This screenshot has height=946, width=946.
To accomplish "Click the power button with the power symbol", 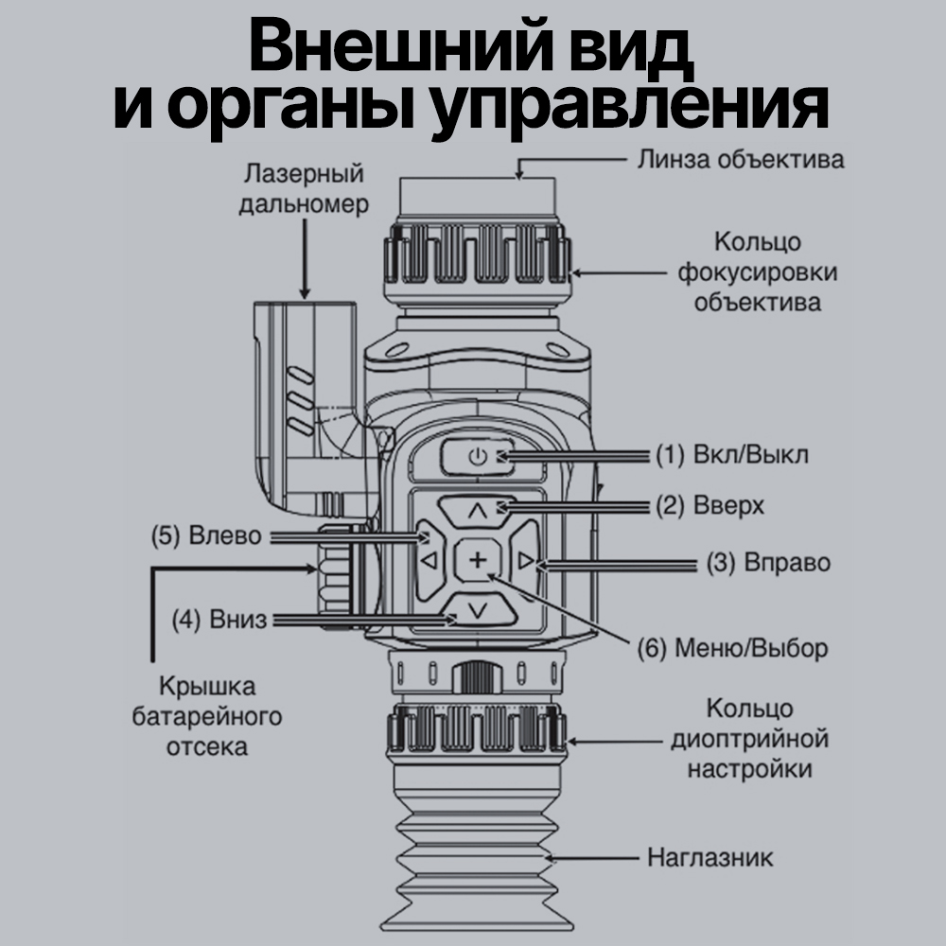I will (x=477, y=457).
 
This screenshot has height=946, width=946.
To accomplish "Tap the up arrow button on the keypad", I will (x=478, y=511).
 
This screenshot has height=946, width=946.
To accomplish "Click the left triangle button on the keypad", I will (x=429, y=562).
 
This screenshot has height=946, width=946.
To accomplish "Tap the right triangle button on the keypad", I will (x=527, y=562).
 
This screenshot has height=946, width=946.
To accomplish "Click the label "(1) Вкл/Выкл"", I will (x=732, y=454).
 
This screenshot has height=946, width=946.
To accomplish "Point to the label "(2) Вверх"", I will (x=709, y=505).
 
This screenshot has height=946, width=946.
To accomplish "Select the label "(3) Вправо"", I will (x=768, y=564).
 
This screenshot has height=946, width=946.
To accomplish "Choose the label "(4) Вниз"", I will (x=219, y=621).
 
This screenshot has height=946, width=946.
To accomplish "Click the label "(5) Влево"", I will (x=210, y=535).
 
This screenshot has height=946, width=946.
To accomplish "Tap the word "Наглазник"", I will (x=709, y=858).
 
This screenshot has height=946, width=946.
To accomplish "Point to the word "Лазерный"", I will (x=304, y=175).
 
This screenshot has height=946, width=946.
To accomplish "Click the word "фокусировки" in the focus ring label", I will (x=757, y=272).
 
